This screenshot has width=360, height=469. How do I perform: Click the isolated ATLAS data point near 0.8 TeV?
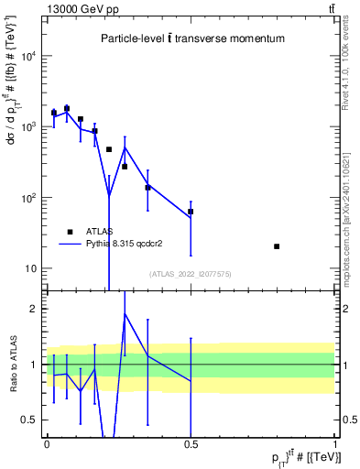click(278, 246)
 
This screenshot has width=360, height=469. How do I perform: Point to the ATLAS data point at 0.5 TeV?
click(191, 212)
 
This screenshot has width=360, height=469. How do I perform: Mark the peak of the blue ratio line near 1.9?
click(125, 314)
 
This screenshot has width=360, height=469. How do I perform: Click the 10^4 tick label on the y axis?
click(29, 56)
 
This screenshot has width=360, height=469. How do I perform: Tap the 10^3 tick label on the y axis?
click(29, 126)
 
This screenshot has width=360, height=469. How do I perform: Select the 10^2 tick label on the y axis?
click(29, 198)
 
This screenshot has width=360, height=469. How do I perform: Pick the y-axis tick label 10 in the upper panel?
click(32, 268)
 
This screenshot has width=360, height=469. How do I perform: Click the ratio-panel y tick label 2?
click(37, 309)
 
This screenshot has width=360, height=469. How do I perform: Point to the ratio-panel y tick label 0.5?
click(33, 420)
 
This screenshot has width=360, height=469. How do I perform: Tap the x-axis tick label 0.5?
click(191, 442)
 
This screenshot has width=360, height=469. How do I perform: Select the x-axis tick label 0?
click(47, 442)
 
